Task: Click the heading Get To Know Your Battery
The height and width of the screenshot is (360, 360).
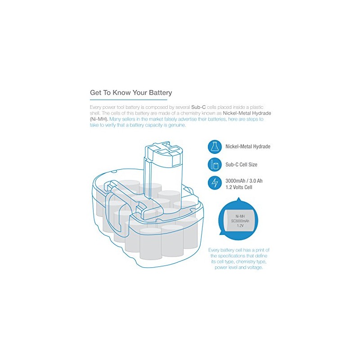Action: coord(131,93)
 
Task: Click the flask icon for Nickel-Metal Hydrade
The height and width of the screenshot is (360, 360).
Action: coord(214,147)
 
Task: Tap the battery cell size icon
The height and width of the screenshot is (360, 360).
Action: coord(214,165)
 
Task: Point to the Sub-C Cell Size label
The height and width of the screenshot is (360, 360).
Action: coord(241,165)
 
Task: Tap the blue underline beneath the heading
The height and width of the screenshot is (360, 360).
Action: coord(131,99)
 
